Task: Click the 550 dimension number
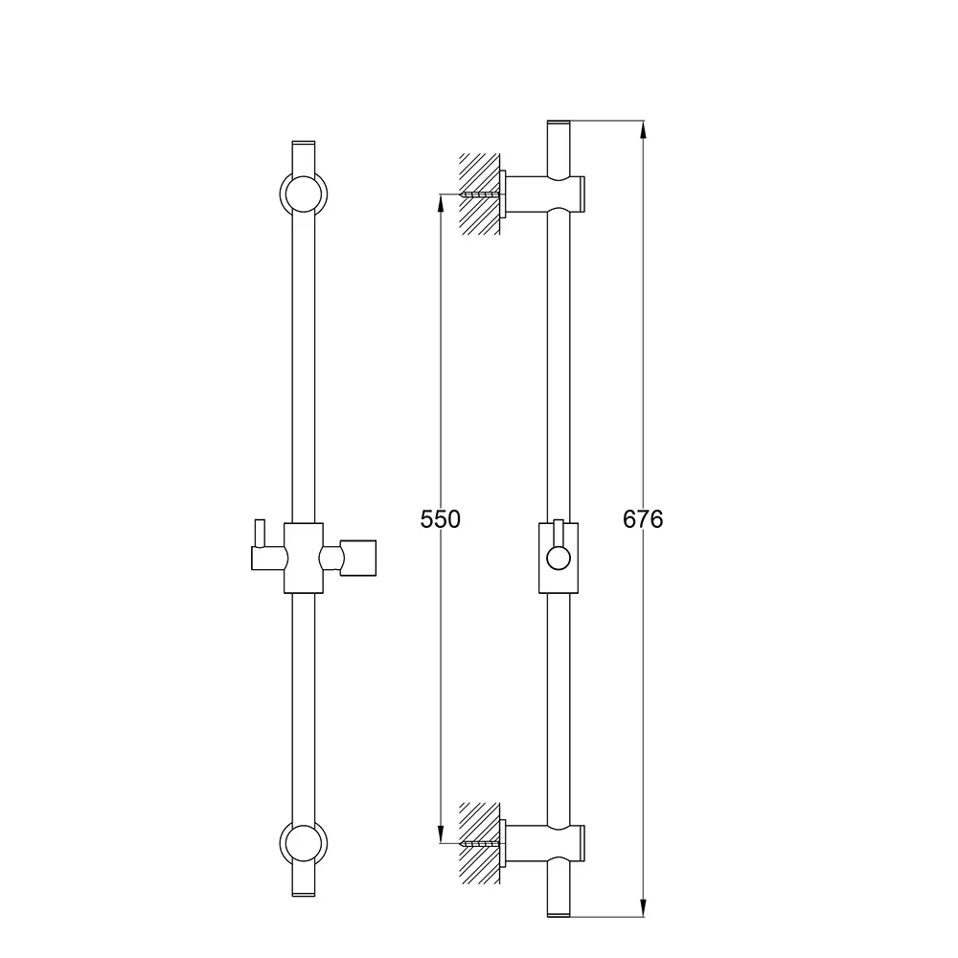[x=440, y=518]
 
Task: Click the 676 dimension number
[x=643, y=518]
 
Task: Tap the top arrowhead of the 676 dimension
[x=643, y=130]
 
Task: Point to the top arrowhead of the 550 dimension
[x=441, y=203]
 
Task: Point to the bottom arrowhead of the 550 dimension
[x=441, y=834]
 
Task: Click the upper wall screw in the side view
[x=482, y=194]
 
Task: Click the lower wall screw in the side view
[x=482, y=843]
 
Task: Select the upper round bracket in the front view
[x=304, y=194]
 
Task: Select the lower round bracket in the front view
[x=304, y=844]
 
